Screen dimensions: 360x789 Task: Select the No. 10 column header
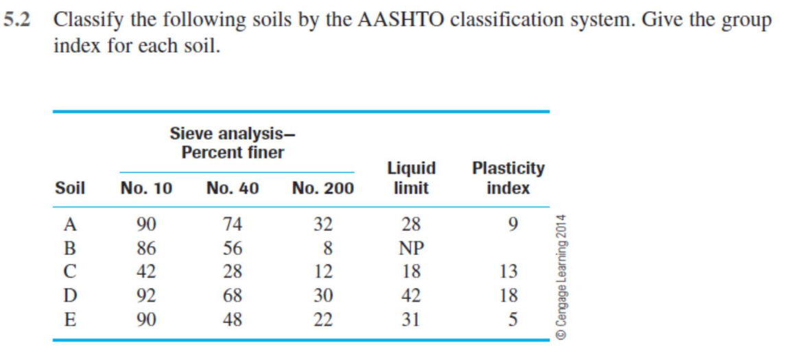[x=146, y=188]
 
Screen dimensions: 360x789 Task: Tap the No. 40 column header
[x=233, y=188]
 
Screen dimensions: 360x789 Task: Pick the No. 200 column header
[x=322, y=188]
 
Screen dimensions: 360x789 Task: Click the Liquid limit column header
[x=412, y=178]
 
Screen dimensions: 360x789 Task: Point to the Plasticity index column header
[x=508, y=178]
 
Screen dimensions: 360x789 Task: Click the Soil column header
[x=70, y=188]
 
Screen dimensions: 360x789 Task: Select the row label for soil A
[x=70, y=224]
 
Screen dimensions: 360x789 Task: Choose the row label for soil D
[x=70, y=296]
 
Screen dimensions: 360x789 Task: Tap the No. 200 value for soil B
[x=327, y=248]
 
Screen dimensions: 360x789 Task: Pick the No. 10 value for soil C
[x=146, y=272]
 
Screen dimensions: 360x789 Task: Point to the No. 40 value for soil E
[x=233, y=320]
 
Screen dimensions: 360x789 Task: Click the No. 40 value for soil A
[x=233, y=224]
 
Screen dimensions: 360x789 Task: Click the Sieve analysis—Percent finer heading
[x=233, y=142]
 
